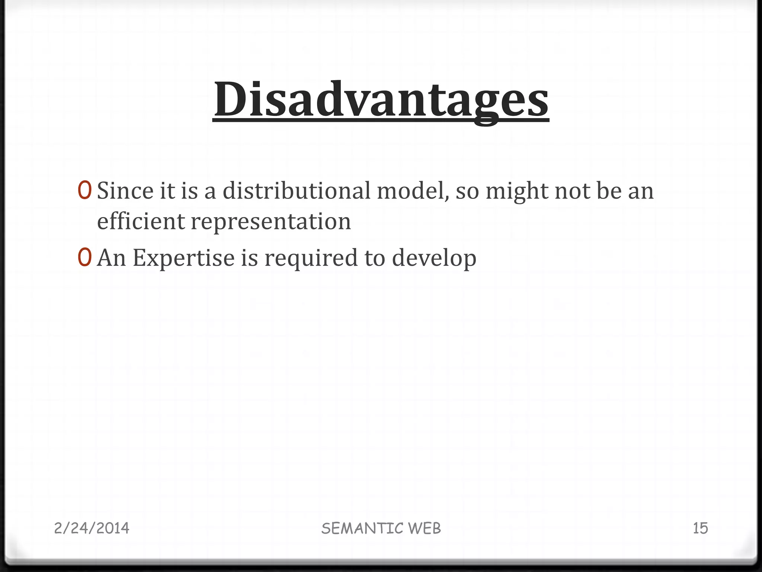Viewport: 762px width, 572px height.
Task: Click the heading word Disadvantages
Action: [381, 100]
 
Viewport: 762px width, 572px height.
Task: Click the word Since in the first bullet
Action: [125, 191]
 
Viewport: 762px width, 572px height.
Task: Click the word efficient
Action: [141, 221]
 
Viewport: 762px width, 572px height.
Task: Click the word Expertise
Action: [183, 258]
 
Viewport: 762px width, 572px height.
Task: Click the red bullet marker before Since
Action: [84, 191]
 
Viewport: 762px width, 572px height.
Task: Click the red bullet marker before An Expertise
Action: [84, 258]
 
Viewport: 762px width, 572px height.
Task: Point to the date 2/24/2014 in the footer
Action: [92, 528]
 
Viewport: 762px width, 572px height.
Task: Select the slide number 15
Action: [700, 528]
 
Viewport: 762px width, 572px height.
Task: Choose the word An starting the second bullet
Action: [111, 258]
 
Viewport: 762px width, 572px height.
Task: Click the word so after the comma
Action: [467, 191]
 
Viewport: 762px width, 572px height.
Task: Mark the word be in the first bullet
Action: [609, 191]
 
